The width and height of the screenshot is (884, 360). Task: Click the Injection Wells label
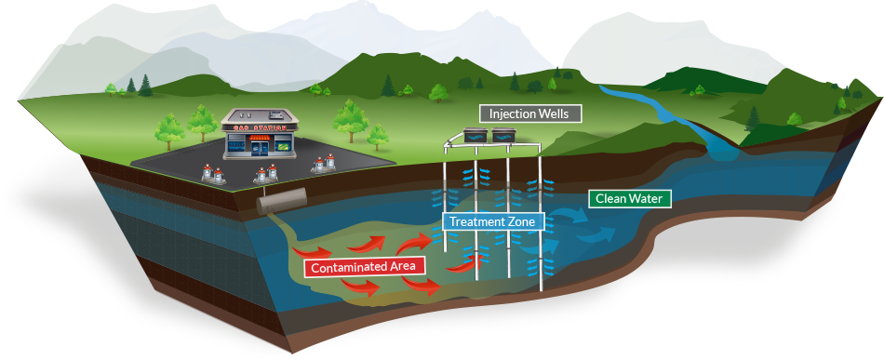[530, 114]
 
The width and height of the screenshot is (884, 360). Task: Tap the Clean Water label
[629, 199]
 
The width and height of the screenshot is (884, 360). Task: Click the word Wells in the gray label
[557, 114]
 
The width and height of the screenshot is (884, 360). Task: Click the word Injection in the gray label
[513, 114]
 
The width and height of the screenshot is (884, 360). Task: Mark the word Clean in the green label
[609, 199]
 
